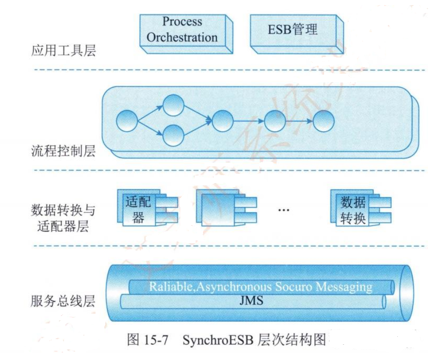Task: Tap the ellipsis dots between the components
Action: coord(283,210)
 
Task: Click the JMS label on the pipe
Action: coord(252,301)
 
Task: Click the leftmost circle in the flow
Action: coord(127,121)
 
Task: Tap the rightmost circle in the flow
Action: coord(324,121)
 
